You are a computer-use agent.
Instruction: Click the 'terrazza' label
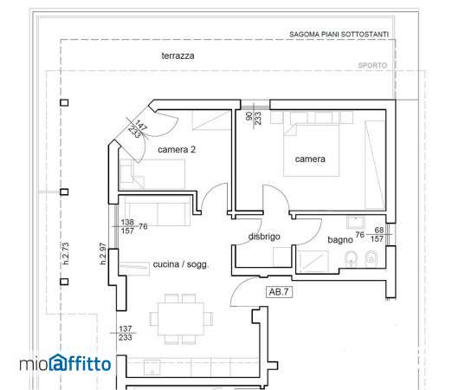(x=178, y=55)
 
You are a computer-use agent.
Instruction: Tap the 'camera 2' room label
(x=177, y=149)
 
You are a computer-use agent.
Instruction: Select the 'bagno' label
(x=340, y=240)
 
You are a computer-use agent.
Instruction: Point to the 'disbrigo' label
(x=264, y=237)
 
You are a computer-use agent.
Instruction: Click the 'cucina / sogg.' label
(x=181, y=264)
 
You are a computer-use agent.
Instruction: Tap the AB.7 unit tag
(x=279, y=292)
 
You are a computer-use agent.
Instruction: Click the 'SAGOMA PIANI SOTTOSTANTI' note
(x=339, y=35)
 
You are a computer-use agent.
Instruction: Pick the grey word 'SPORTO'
(x=372, y=66)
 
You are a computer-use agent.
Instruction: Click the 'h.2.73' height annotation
(x=66, y=253)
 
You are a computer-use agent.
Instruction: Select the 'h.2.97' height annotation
(x=103, y=254)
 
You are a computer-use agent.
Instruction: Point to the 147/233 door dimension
(x=138, y=129)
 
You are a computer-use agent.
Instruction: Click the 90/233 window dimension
(x=254, y=118)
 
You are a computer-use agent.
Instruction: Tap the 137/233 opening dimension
(x=126, y=333)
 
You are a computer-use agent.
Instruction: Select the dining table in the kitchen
(x=181, y=319)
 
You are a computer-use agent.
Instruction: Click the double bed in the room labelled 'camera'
(x=311, y=149)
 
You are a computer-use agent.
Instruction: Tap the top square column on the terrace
(x=64, y=102)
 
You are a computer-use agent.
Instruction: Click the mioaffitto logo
(x=65, y=363)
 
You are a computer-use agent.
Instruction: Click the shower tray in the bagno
(x=314, y=261)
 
